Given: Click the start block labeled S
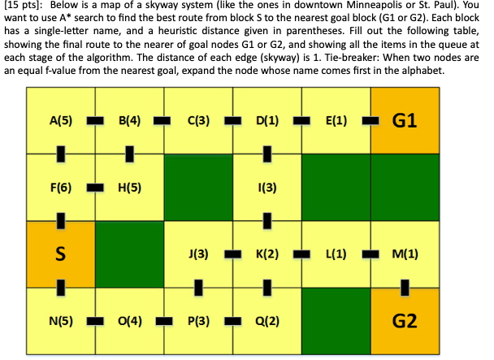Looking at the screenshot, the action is pos(59,254).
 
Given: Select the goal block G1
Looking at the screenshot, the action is pos(404,121).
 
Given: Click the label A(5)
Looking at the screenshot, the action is pos(59,121).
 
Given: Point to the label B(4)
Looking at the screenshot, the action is pos(129,121).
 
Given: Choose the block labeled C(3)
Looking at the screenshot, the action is pos(198,121).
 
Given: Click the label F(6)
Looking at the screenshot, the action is pos(59,187).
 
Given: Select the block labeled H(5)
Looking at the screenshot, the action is pos(129,187).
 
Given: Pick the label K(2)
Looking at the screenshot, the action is pos(267,254).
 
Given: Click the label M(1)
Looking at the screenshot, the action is pos(404,254).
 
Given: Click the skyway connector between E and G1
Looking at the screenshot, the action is pos(370,121).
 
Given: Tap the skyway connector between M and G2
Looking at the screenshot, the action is pos(404,286).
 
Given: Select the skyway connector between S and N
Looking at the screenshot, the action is pos(59,286).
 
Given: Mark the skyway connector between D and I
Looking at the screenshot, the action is pos(267,154).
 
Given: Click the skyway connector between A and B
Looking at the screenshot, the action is pos(94,121).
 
